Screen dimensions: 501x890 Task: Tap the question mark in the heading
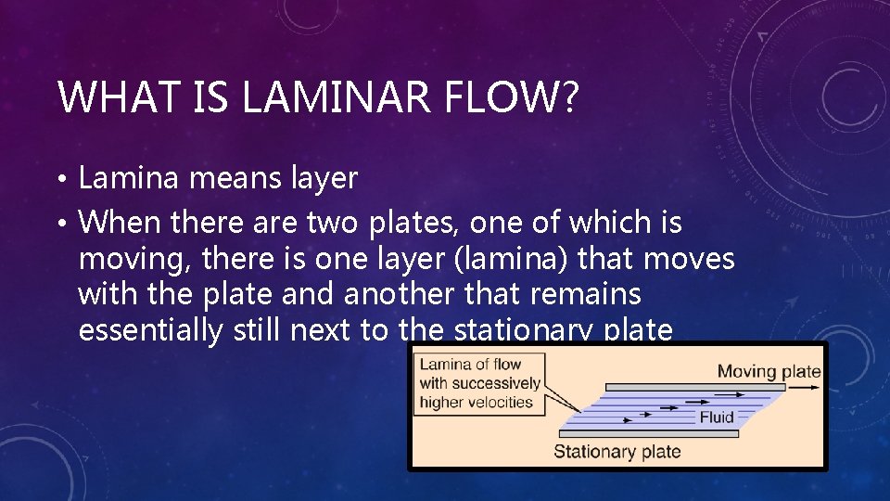point(567,97)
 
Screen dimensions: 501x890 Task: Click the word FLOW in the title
point(502,97)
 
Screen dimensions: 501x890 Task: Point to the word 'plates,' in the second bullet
point(416,224)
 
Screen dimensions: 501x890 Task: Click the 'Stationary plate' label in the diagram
point(617,452)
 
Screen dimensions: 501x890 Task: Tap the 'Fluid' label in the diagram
point(717,417)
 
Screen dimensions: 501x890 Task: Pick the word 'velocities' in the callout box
point(501,402)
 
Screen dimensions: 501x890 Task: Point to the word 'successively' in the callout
point(495,383)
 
